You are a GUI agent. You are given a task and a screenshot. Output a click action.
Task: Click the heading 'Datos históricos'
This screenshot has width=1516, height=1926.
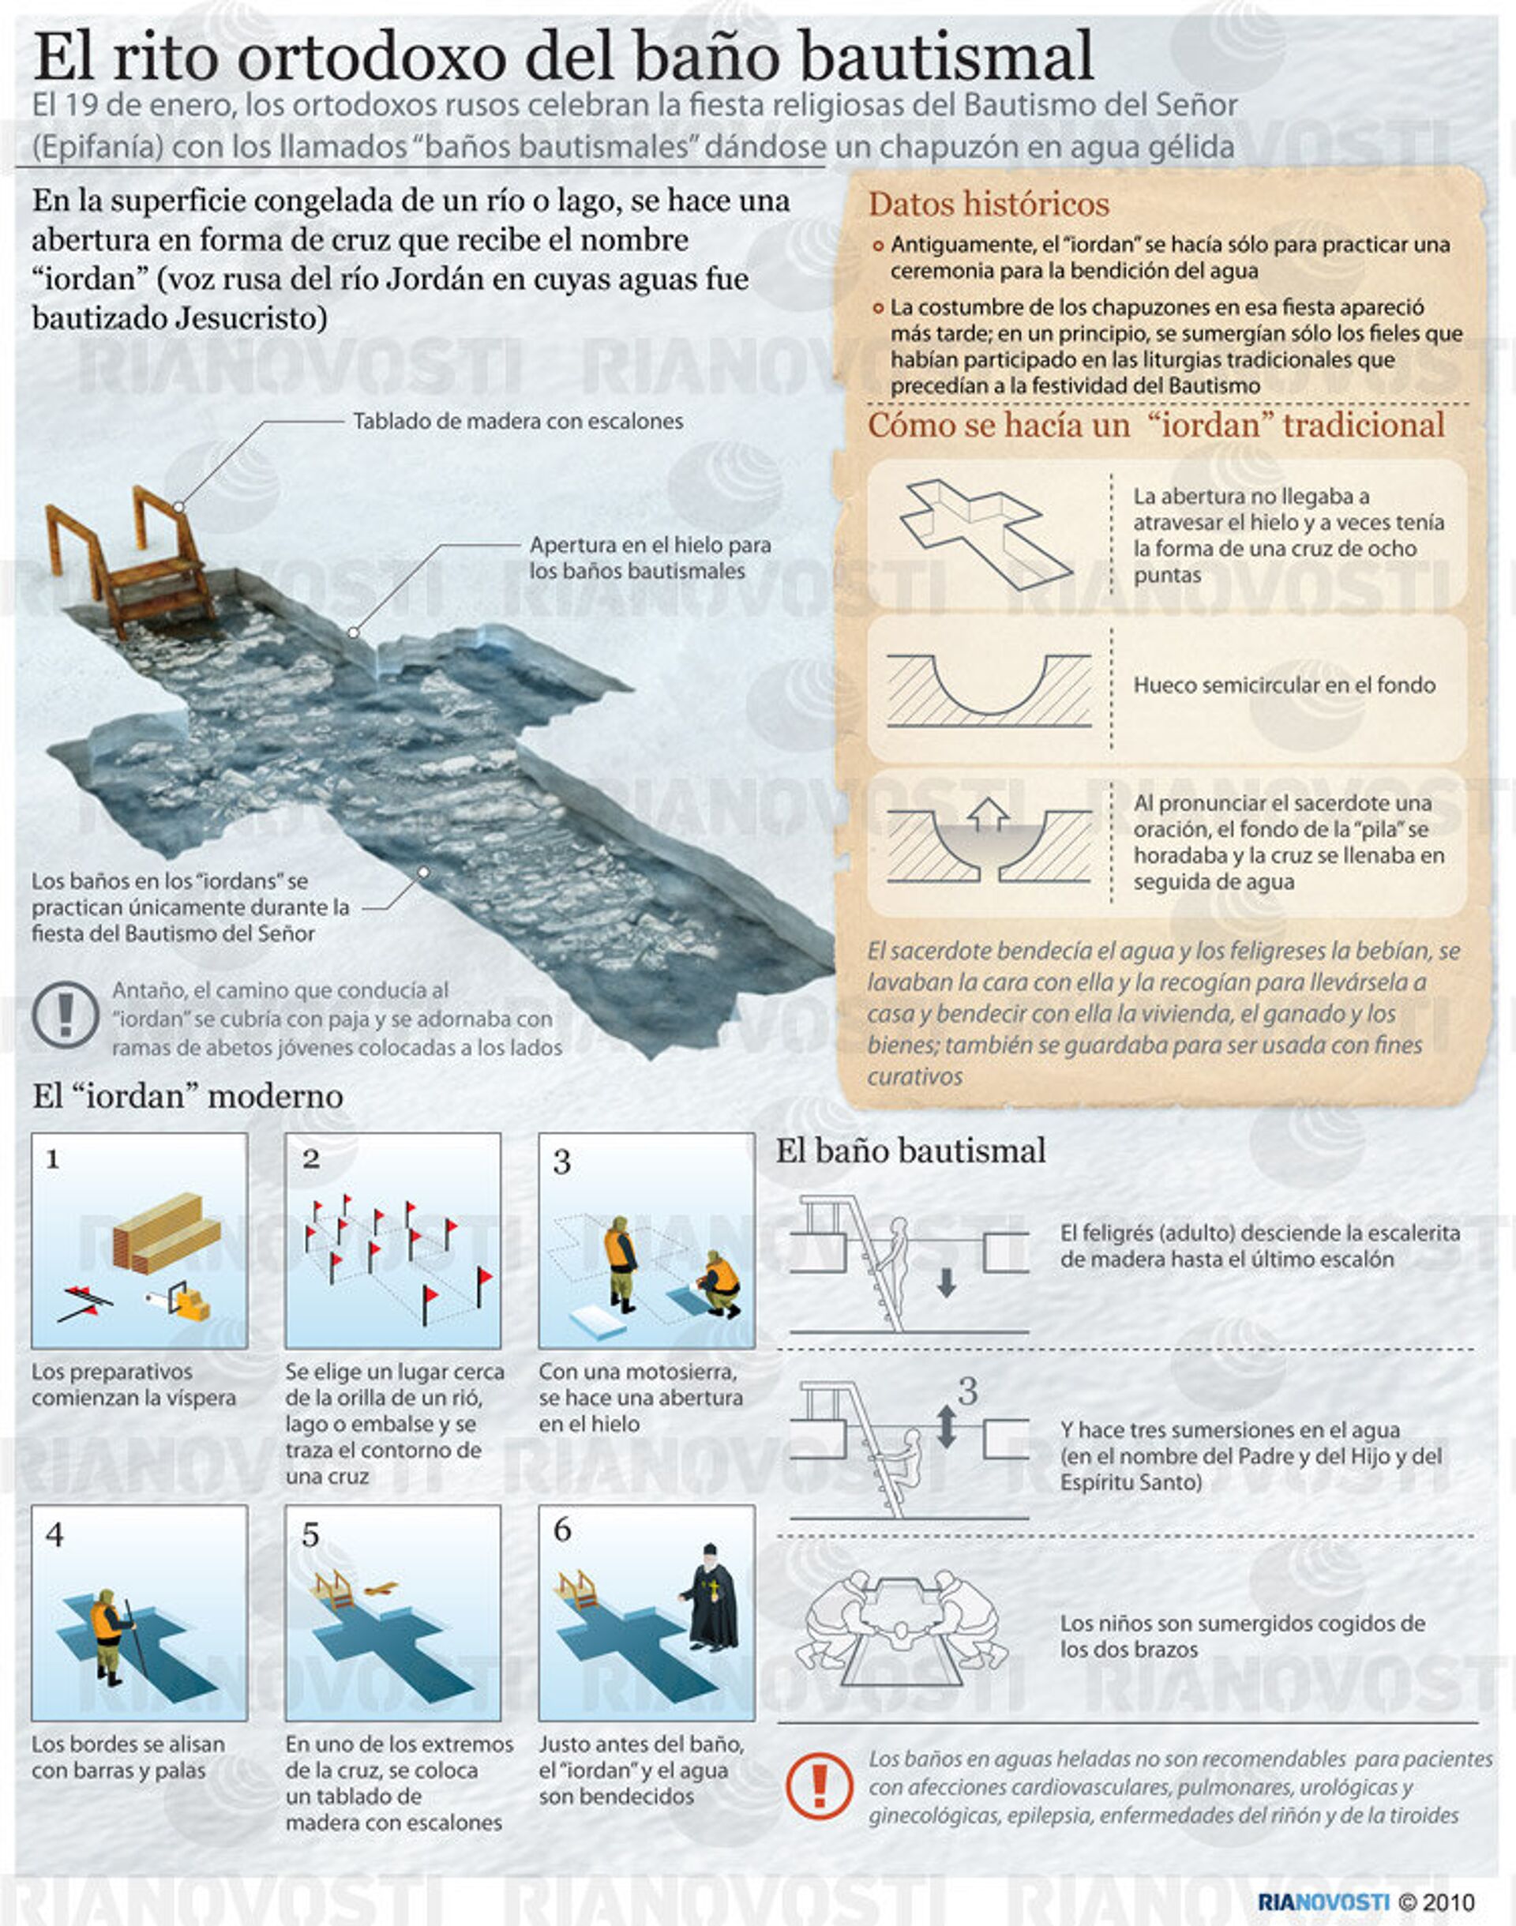tap(988, 205)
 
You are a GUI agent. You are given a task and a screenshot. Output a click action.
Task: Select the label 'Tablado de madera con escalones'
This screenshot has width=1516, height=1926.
tap(518, 421)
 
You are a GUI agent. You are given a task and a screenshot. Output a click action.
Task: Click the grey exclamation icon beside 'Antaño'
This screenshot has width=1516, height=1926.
tap(65, 1015)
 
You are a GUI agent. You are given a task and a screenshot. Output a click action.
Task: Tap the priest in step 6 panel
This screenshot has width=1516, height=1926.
tap(711, 1597)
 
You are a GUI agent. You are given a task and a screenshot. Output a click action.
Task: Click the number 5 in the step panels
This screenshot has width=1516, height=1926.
tap(310, 1534)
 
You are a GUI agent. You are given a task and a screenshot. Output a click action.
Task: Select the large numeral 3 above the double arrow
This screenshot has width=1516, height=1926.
tap(967, 1391)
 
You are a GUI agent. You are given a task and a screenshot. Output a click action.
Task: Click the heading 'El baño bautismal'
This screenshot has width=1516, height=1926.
tap(910, 1151)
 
